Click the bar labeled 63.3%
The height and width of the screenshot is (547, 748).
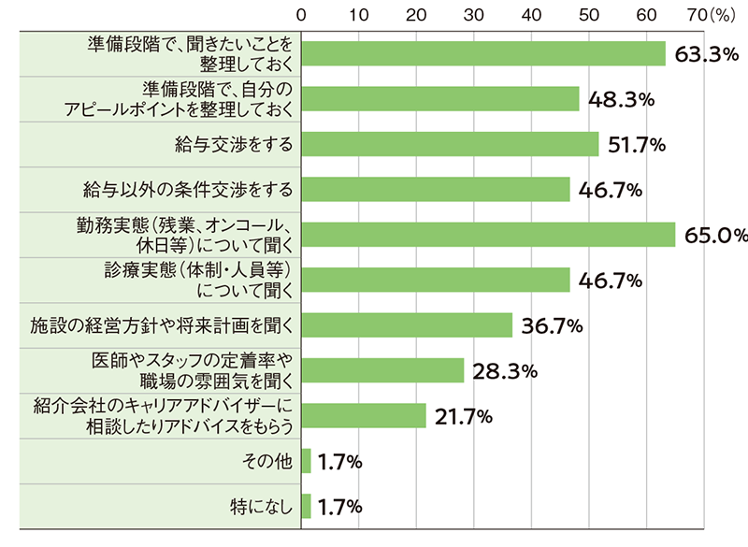click(482, 53)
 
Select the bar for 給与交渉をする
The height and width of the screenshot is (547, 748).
click(450, 144)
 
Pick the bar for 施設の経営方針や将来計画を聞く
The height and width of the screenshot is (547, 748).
click(407, 325)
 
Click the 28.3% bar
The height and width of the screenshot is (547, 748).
click(382, 370)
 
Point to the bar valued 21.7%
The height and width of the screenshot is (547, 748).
click(364, 416)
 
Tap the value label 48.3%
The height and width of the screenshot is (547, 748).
click(621, 99)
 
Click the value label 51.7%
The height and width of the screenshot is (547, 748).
click(640, 144)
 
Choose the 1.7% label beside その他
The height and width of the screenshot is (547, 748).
click(340, 461)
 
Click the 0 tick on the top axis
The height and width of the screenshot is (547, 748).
click(301, 14)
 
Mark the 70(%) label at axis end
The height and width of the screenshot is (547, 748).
click(665, 14)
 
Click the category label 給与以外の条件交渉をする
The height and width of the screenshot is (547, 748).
click(187, 190)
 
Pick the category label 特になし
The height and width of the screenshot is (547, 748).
click(262, 507)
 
